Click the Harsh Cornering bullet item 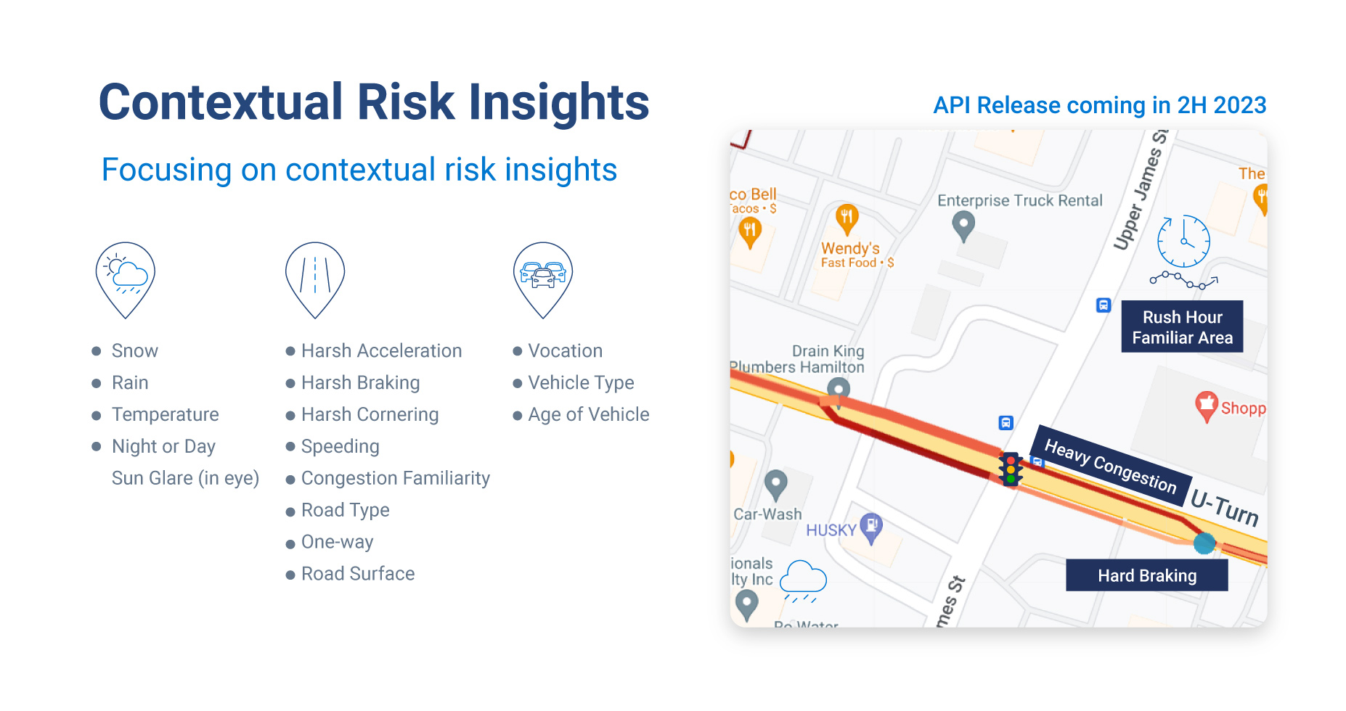pyautogui.click(x=370, y=414)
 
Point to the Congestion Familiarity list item pyautogui.click(x=395, y=478)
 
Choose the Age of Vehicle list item pyautogui.click(x=588, y=414)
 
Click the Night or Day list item pyautogui.click(x=163, y=446)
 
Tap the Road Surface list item pyautogui.click(x=358, y=574)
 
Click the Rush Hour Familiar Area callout pyautogui.click(x=1182, y=326)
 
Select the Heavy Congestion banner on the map pyautogui.click(x=1110, y=465)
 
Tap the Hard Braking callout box pyautogui.click(x=1146, y=575)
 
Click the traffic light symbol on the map pyautogui.click(x=1011, y=469)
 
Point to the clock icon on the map pyautogui.click(x=1183, y=242)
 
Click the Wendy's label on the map pyautogui.click(x=850, y=249)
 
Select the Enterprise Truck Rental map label pyautogui.click(x=1019, y=200)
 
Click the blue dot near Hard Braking pyautogui.click(x=1204, y=543)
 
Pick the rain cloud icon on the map pyautogui.click(x=803, y=580)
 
